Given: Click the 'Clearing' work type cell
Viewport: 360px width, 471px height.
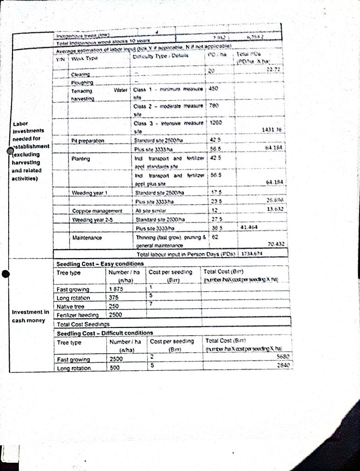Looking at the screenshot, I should (x=81, y=75).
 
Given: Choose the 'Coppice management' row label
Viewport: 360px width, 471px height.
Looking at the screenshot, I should (x=97, y=211).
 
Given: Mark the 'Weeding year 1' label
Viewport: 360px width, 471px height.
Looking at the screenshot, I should (x=89, y=193).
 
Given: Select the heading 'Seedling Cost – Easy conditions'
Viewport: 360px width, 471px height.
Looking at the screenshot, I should (x=100, y=264).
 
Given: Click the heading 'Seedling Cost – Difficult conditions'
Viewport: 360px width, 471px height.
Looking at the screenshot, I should (x=105, y=333).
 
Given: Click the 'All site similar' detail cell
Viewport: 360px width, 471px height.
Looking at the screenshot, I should (x=152, y=210).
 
